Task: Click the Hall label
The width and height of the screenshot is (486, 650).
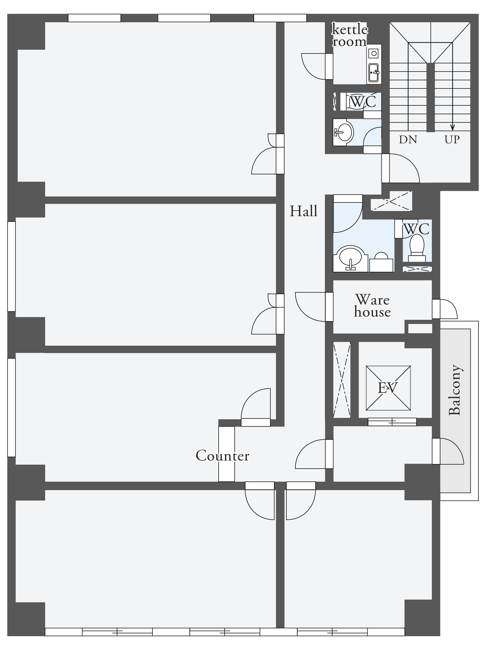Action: [x=304, y=211]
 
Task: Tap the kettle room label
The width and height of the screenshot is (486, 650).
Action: [x=350, y=35]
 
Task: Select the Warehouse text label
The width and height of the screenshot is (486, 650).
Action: [x=372, y=306]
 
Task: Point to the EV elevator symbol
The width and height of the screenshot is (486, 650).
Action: [x=388, y=388]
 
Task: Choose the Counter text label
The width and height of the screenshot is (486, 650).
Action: [x=223, y=456]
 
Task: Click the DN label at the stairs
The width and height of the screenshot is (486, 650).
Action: [x=408, y=140]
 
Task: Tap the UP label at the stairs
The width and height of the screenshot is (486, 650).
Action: [x=452, y=140]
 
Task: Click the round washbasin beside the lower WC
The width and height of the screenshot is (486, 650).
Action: [x=351, y=258]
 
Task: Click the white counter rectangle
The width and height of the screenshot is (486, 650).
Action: [x=226, y=454]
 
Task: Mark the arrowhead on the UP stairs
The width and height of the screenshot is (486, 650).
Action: [x=452, y=127]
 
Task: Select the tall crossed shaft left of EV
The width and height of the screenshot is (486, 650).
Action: [x=342, y=380]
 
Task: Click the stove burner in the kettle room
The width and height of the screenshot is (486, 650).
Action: [x=374, y=54]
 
